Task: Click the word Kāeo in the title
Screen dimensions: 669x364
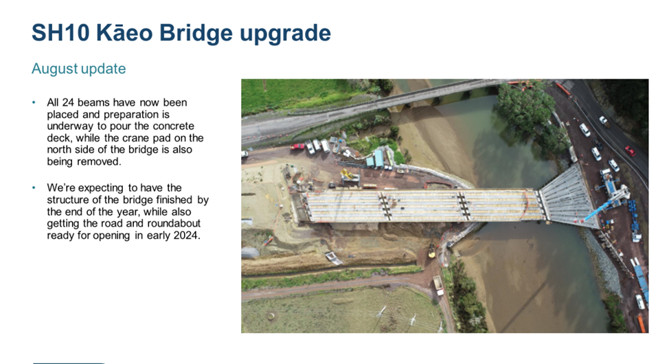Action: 124,33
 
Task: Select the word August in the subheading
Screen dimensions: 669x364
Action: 55,69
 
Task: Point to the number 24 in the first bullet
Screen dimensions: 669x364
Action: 68,102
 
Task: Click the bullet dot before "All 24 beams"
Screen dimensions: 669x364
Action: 34,102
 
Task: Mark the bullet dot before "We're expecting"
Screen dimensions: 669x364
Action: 34,187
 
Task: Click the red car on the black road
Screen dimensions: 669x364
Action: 630,150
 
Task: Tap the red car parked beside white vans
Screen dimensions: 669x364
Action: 297,146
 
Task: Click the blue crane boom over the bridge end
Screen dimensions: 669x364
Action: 601,208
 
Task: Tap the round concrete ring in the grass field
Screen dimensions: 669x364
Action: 271,316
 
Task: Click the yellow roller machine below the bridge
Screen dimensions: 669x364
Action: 432,252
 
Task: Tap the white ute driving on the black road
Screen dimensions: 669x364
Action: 603,120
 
